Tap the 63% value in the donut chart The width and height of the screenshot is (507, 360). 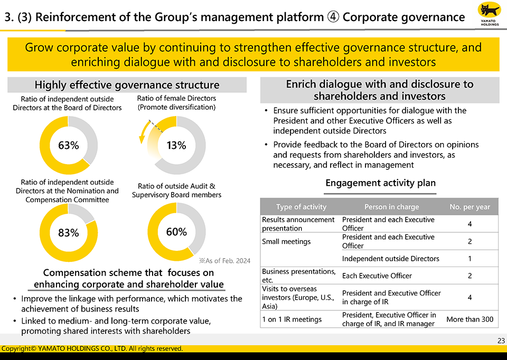click(x=68, y=146)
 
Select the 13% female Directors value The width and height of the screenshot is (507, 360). click(x=176, y=146)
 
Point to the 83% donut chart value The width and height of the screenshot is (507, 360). click(x=68, y=232)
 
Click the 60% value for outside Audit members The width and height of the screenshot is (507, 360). click(x=176, y=232)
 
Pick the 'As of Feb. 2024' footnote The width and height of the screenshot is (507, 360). click(x=224, y=261)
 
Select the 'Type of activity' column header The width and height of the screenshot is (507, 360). click(x=301, y=207)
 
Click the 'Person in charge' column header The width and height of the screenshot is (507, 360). click(x=391, y=207)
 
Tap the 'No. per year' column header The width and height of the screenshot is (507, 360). click(x=470, y=207)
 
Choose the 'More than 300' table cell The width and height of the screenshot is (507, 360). click(x=470, y=319)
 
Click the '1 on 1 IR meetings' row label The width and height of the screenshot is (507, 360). click(x=292, y=319)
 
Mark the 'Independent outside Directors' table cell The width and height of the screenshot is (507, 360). click(x=390, y=259)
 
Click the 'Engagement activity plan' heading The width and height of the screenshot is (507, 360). click(x=380, y=183)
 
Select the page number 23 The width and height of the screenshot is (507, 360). click(x=501, y=341)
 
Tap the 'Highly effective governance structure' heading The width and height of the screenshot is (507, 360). click(x=127, y=85)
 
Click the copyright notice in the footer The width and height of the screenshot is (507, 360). click(x=92, y=348)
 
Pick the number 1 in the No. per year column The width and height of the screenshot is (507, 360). click(x=470, y=259)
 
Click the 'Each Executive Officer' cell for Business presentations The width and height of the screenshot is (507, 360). click(x=377, y=276)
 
